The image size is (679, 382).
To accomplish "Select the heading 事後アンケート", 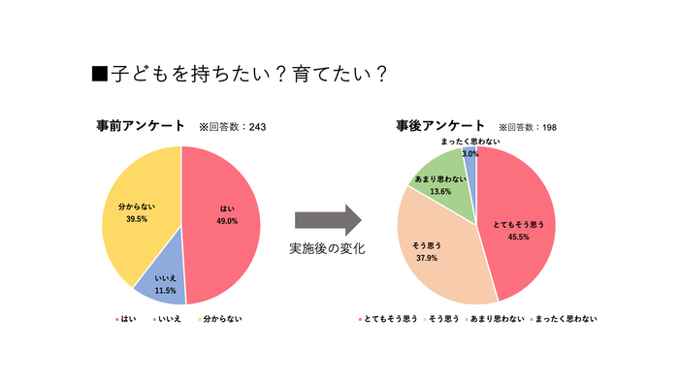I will pos(441,127).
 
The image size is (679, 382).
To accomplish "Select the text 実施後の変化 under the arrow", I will pos(327,249).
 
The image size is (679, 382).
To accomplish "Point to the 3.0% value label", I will pos(469,153).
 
